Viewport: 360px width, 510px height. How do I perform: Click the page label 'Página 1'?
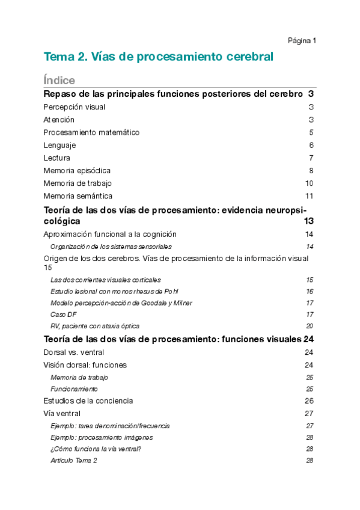(302, 40)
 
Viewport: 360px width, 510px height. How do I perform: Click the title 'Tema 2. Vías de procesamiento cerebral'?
(159, 57)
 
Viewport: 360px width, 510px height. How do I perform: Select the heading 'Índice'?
(59, 80)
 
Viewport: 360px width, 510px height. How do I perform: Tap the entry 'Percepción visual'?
(75, 107)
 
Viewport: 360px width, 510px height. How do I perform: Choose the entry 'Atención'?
(59, 120)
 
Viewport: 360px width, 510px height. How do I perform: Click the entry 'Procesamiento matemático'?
(91, 132)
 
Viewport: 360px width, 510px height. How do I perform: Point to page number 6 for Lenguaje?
(311, 145)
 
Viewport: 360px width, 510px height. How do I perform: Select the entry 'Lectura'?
(57, 158)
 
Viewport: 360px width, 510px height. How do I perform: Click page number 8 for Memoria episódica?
(311, 170)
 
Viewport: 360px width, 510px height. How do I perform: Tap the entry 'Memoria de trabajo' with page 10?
(78, 183)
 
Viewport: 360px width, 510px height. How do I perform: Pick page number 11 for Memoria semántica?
(310, 195)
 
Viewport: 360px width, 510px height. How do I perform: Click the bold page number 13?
(309, 221)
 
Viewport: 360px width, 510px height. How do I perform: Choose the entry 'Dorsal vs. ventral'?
(74, 352)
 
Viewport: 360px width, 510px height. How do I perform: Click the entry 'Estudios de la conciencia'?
(88, 401)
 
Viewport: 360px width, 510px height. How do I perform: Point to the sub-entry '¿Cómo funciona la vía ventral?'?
(96, 449)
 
